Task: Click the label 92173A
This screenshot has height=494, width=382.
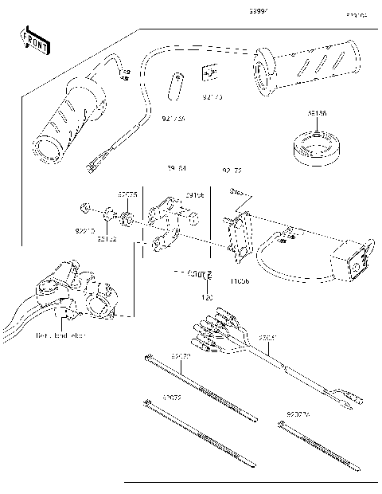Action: click(173, 120)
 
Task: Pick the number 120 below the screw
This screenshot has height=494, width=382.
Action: click(208, 297)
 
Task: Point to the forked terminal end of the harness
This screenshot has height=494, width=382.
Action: click(347, 396)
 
